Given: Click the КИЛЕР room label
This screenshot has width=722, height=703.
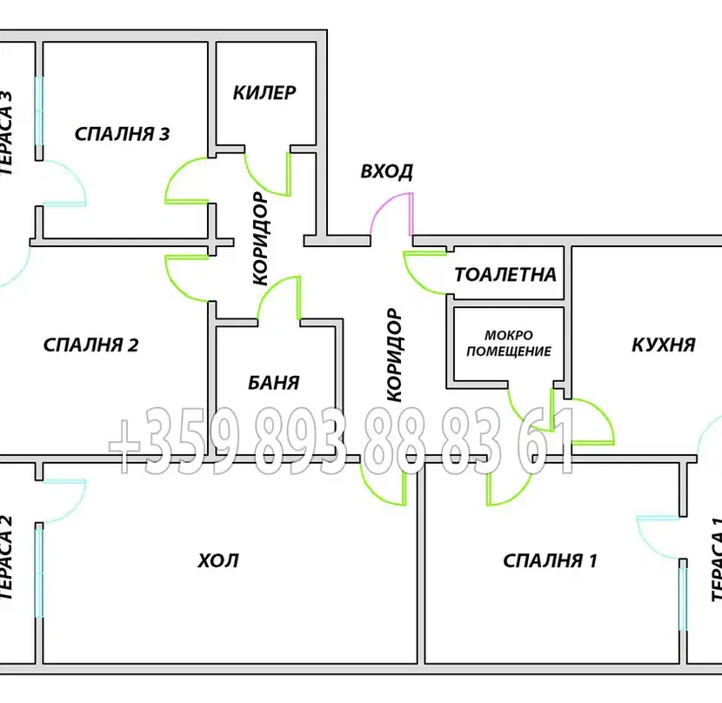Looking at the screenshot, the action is [x=264, y=92].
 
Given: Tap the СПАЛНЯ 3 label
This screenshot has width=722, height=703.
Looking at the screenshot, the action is [x=122, y=134].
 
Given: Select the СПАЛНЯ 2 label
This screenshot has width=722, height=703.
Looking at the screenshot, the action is [x=90, y=345].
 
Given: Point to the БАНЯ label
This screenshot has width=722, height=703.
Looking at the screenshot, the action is [x=274, y=382].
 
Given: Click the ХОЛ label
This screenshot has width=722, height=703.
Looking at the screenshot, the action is [x=218, y=560].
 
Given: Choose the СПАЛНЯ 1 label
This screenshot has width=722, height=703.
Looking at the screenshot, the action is [x=551, y=560].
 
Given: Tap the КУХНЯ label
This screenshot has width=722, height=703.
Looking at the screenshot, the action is [x=664, y=345].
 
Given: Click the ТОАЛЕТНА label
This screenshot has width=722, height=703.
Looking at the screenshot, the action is [x=505, y=275].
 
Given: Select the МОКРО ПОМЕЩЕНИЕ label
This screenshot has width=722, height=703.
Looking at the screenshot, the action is [x=509, y=343].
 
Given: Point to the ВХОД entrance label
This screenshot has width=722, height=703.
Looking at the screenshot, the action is [x=386, y=171].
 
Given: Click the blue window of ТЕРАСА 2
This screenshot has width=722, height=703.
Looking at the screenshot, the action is [x=39, y=572].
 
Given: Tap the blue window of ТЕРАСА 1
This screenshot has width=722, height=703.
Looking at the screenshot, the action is [x=683, y=599].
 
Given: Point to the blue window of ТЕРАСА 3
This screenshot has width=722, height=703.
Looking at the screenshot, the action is [x=39, y=110].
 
